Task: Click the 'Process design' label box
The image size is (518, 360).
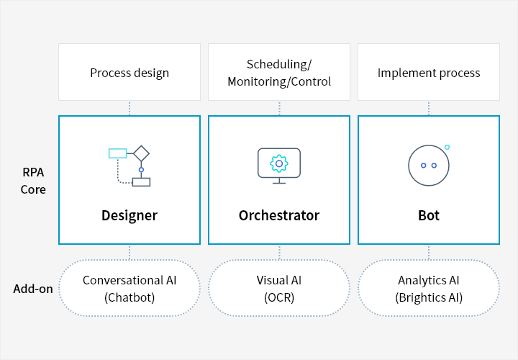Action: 129,73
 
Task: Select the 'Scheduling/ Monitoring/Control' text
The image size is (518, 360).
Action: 279,73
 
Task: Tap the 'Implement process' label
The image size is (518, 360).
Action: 429,73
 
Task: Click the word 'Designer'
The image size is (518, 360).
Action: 129,215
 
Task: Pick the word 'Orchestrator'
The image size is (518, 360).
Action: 279,215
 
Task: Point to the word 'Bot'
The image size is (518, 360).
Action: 429,215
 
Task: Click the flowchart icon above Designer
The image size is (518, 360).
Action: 129,166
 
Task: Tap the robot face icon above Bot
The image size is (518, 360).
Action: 428,165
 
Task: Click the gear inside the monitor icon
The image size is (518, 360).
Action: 279,163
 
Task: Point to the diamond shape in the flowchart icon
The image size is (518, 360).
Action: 141,153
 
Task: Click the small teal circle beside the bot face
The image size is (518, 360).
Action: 447,147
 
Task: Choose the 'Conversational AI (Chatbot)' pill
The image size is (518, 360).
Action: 129,288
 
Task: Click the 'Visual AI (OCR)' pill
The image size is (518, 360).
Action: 279,288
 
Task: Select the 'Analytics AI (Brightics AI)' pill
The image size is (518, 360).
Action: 429,288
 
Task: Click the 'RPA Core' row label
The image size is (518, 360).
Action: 33,181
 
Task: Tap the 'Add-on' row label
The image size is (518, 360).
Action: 33,289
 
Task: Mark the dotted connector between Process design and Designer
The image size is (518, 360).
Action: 129,108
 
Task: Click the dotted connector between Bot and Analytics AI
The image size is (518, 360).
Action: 429,252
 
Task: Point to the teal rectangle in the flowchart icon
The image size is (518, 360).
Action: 117,153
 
